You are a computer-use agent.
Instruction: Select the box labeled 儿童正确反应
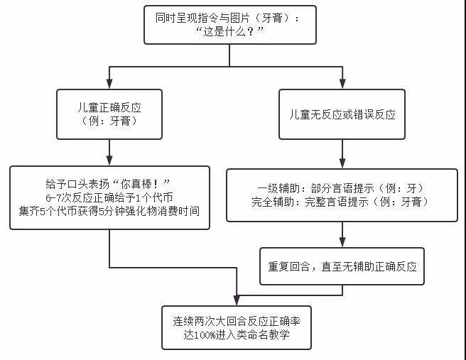tap(109, 114)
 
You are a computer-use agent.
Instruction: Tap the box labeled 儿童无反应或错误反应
tap(342, 114)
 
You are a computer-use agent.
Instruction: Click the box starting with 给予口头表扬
tap(109, 197)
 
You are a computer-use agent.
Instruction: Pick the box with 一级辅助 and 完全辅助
tap(342, 195)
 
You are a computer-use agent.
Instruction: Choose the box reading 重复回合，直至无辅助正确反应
tap(342, 266)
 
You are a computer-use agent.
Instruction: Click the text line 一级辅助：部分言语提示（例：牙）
tap(342, 188)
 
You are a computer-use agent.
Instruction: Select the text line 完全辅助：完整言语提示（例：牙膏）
tap(342, 202)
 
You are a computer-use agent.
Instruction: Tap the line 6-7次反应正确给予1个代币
tap(109, 197)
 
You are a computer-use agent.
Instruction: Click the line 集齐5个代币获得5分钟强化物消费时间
tap(109, 210)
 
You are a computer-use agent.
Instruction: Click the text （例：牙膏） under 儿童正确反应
tap(109, 121)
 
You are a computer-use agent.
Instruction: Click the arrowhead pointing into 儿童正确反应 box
tap(109, 83)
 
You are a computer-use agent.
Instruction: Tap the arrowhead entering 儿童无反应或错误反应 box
tap(342, 83)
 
